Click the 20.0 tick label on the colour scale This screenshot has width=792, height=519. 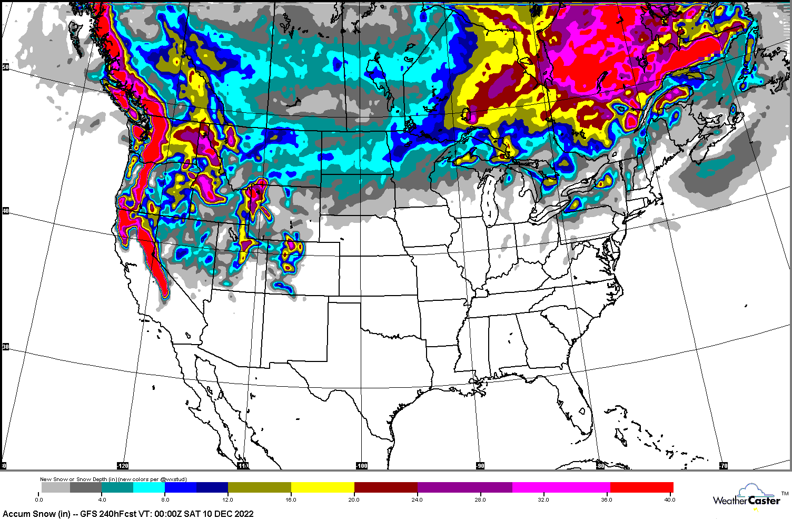point(354,500)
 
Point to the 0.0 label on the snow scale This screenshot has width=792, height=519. point(39,500)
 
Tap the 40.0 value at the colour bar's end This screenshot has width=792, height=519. point(669,500)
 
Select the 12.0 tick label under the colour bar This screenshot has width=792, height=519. point(228,500)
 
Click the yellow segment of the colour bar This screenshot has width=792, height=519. point(322,487)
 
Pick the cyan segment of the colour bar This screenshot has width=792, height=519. point(148,487)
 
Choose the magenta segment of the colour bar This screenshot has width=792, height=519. point(561,487)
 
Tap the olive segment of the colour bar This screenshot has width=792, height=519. point(259,487)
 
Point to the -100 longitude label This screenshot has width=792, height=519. point(361,466)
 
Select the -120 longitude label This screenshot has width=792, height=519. point(122,466)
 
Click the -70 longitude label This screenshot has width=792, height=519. point(723,466)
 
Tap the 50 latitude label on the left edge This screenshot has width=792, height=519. point(5,67)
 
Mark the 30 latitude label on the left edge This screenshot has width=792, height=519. point(5,347)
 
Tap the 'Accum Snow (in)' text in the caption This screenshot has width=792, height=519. point(32,514)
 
